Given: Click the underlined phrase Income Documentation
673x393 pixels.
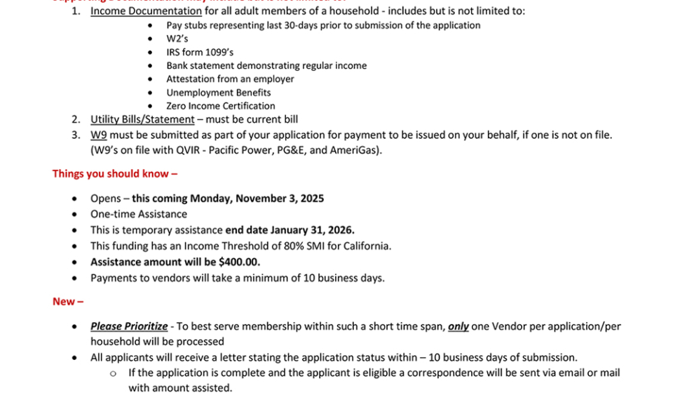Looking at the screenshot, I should click(146, 11).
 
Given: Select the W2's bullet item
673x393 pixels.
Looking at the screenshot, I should click(177, 39).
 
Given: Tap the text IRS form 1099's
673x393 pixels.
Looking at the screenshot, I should click(200, 52).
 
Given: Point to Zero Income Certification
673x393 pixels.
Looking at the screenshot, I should click(220, 106).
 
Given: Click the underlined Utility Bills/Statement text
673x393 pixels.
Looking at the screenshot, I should click(142, 119).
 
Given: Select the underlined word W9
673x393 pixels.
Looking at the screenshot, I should click(98, 135).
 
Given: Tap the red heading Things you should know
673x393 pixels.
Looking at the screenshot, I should click(114, 173).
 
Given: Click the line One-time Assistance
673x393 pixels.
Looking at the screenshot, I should click(138, 214).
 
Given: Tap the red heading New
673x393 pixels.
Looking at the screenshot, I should click(67, 301).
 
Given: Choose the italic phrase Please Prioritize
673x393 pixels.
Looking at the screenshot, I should click(129, 326).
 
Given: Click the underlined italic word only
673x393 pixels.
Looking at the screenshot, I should click(458, 326).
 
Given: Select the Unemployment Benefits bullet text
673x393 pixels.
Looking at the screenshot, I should click(218, 93).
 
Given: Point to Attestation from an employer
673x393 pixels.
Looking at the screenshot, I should click(230, 79).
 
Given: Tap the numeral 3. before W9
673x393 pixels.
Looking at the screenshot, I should click(76, 135).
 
